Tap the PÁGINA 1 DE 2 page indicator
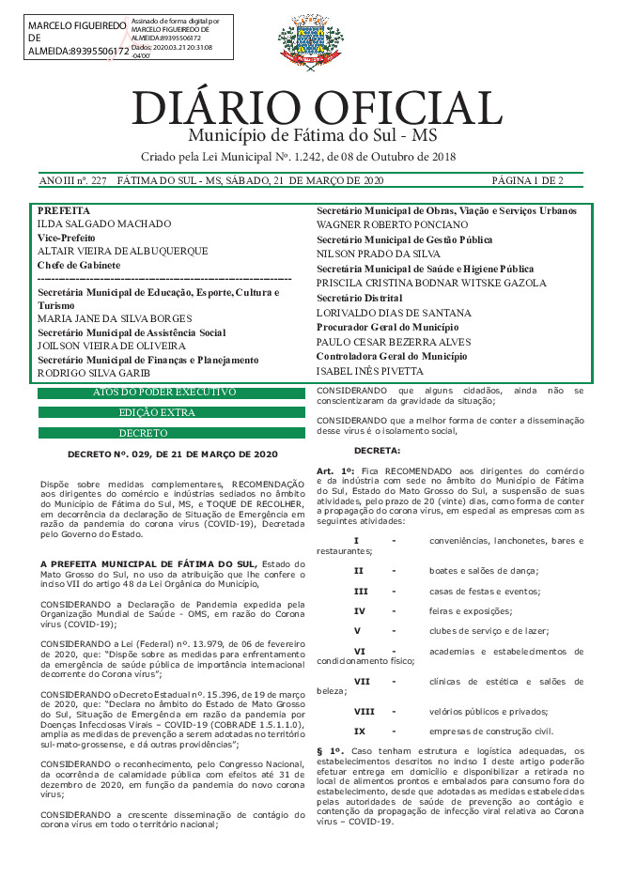tap(527, 179)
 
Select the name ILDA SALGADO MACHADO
tap(103, 224)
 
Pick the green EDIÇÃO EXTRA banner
tap(172, 412)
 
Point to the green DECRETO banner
tap(172, 434)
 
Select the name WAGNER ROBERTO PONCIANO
tap(392, 225)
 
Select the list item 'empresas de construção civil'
tap(491, 732)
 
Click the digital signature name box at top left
tap(77, 38)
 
